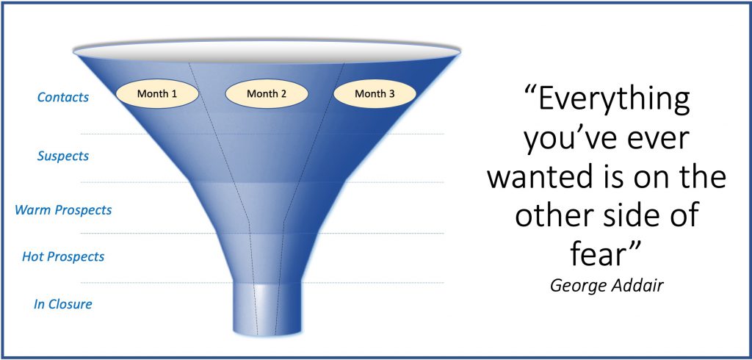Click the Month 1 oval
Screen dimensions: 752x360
point(157,93)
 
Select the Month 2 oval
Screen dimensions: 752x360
point(267,93)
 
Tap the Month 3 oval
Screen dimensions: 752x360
point(375,93)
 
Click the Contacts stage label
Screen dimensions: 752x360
point(63,98)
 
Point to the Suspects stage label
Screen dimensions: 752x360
point(63,156)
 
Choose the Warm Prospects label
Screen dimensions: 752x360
point(63,210)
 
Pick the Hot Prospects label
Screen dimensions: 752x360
point(63,256)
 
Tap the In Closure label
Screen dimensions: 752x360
point(63,304)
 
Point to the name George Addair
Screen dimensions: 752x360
point(607,286)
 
